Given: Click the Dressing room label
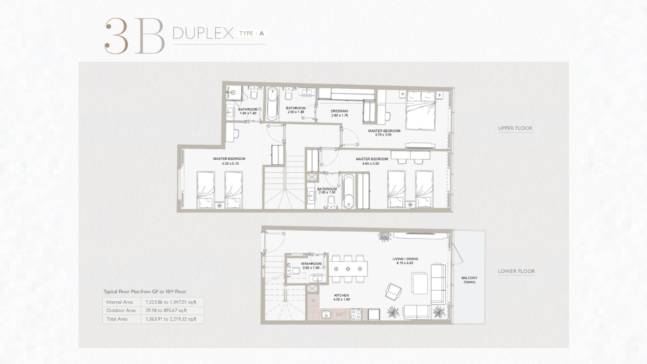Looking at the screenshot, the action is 339,111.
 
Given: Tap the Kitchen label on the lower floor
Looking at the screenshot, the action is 341,295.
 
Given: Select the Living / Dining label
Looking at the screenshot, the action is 405,259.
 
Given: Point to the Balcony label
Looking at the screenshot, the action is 470,278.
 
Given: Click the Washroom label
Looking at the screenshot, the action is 311,264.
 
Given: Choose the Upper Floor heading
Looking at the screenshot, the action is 515,128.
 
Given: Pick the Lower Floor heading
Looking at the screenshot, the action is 517,271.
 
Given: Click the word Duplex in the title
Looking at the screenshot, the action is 203,33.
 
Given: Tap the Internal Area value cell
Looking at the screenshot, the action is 171,302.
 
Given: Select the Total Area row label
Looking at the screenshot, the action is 117,319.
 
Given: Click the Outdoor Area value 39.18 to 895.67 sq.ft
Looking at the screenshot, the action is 166,310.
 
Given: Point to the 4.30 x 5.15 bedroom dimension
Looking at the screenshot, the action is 230,163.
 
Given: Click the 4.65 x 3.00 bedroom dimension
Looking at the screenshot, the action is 371,163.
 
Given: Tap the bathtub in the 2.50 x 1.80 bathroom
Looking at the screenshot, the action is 272,104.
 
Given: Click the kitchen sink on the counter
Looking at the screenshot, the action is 326,314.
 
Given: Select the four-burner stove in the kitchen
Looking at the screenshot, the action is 356,314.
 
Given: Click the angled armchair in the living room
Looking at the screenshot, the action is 393,291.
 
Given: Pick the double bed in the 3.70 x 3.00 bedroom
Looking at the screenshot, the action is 420,110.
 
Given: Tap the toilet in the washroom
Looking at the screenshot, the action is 294,270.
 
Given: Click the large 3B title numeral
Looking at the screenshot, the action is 134,36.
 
